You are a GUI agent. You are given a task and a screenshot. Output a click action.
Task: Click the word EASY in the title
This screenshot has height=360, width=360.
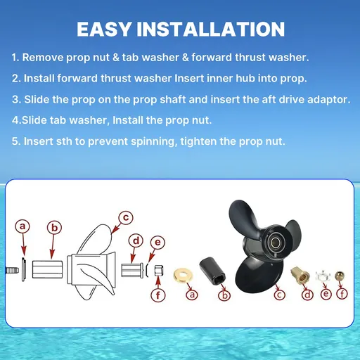pos(104,29)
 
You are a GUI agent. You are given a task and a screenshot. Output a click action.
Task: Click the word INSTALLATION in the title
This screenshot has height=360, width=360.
pos(211,29)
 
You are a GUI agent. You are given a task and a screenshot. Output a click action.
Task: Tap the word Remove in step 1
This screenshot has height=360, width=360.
pos(43,58)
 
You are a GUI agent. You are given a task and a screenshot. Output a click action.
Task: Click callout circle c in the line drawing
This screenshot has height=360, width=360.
pos(126,218)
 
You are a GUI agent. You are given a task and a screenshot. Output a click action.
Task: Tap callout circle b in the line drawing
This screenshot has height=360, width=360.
pos(54,228)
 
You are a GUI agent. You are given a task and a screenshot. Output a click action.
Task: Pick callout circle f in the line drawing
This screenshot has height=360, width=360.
pos(158,295)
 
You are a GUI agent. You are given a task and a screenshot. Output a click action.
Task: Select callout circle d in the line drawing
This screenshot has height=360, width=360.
pos(136,241)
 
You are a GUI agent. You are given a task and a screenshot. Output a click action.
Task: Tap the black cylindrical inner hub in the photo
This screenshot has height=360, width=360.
pos(212,271)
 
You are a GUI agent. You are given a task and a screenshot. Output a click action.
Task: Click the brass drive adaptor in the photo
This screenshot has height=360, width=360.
pos(300,275)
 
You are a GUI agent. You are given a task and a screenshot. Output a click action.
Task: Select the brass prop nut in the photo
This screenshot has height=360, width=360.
pos(340,276)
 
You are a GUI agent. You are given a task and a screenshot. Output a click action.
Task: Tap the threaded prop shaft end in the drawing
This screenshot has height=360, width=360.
pos(12,271)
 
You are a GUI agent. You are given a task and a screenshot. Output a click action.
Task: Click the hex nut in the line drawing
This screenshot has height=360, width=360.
pos(159,271)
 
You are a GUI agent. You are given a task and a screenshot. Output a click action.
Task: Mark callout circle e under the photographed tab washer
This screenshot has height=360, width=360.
pos(326,294)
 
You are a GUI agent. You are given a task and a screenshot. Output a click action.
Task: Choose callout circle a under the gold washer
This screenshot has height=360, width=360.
pos(192,295)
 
